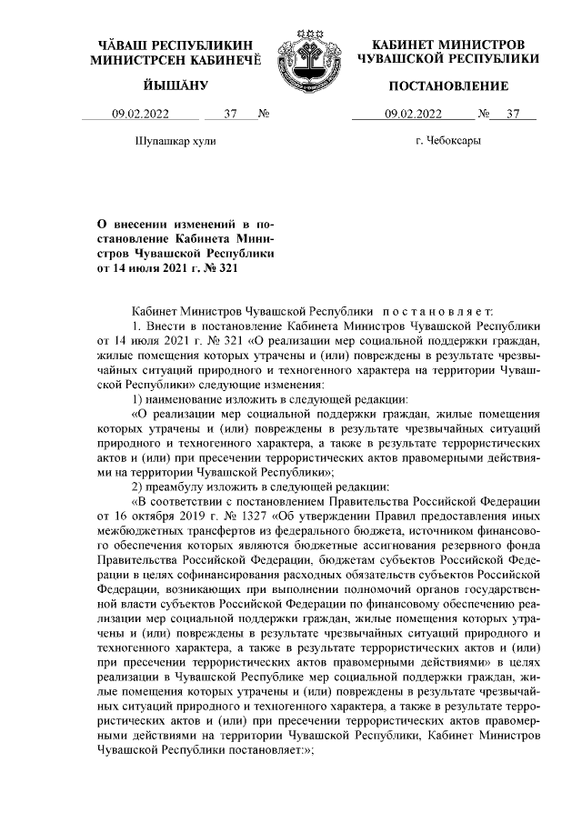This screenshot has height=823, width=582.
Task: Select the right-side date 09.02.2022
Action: [414, 115]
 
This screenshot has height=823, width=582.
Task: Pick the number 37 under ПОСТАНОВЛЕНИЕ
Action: [514, 115]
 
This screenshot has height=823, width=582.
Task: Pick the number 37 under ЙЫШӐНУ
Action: [229, 115]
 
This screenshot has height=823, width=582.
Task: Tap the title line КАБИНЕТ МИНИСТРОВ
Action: [448, 45]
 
